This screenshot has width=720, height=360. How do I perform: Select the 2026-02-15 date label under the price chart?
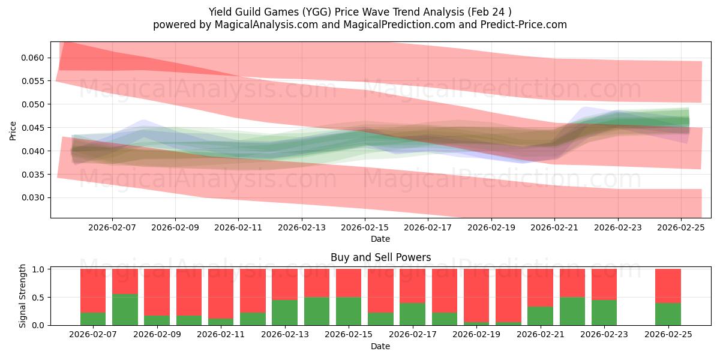point(365,227)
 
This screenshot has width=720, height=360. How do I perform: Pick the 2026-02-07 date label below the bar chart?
point(93,335)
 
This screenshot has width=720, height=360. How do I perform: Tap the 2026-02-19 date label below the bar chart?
point(476,335)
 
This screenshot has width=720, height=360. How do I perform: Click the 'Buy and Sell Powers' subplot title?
point(380,257)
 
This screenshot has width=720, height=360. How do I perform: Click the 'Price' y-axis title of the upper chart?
point(13,130)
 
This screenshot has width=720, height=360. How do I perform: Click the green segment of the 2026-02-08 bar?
point(125,310)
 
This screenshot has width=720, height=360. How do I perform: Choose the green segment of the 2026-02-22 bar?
point(572,311)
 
